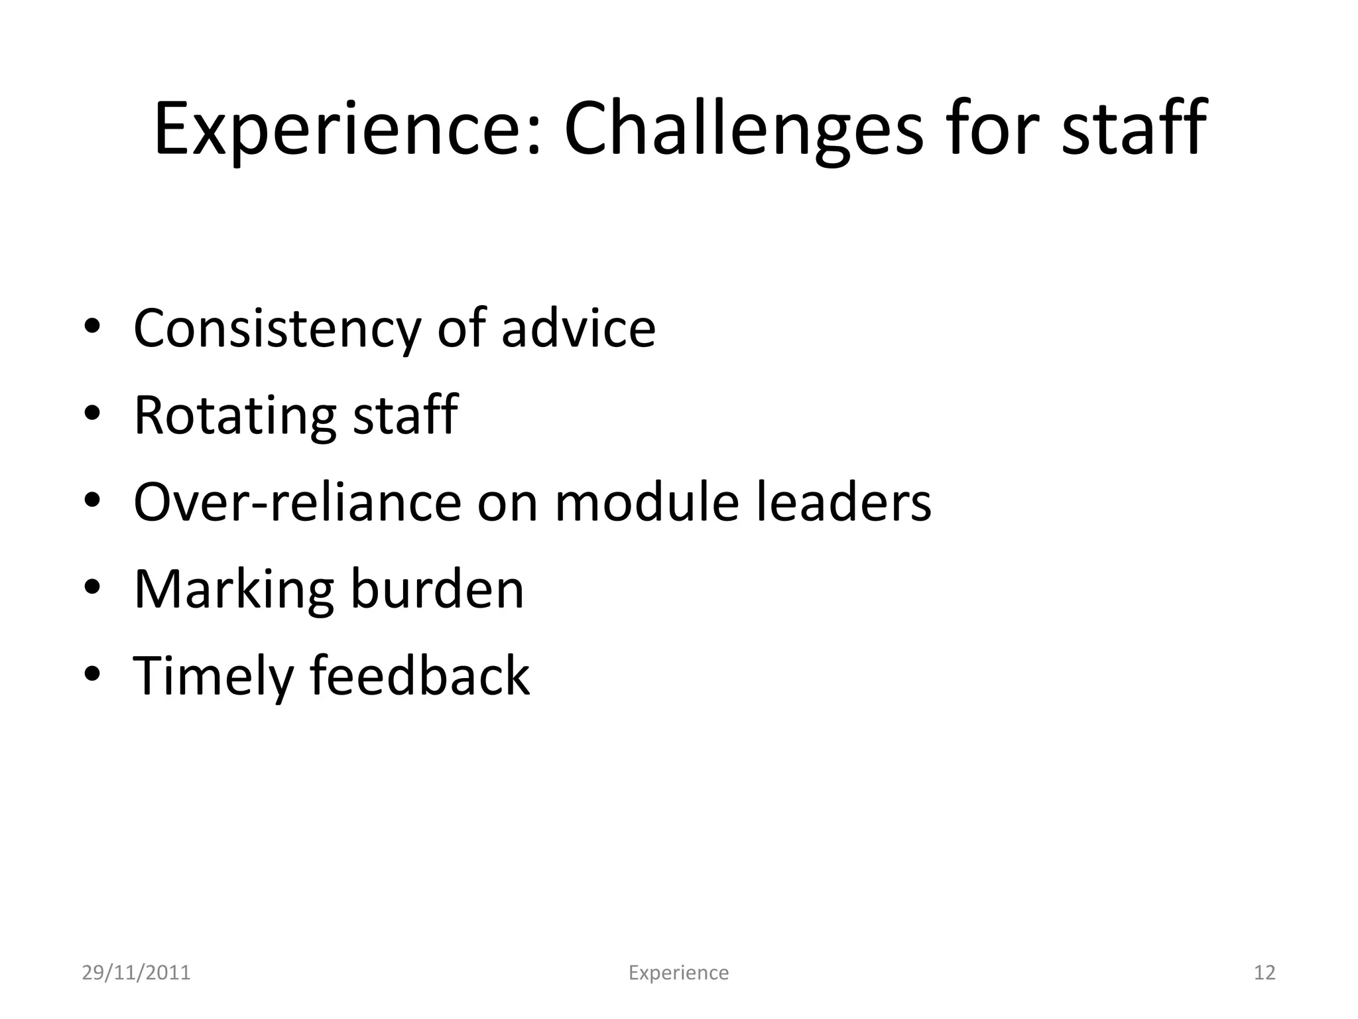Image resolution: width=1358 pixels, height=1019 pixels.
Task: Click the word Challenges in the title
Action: pos(743,129)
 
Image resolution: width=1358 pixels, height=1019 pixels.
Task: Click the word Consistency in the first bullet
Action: pos(277,329)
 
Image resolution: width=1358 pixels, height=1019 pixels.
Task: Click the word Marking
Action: pos(233,590)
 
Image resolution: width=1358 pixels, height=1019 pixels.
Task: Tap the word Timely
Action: pos(213,677)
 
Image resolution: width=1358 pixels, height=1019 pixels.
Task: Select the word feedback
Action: pos(420,675)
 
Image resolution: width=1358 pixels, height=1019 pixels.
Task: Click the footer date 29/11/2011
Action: pos(136,973)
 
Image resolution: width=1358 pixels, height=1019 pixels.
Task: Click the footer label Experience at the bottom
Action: pos(678,973)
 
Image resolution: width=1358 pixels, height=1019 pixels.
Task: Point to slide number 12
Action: pos(1265,973)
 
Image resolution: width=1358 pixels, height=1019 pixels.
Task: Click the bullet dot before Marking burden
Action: pos(93,587)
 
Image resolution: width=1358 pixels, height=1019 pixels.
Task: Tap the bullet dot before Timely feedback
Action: pos(93,674)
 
